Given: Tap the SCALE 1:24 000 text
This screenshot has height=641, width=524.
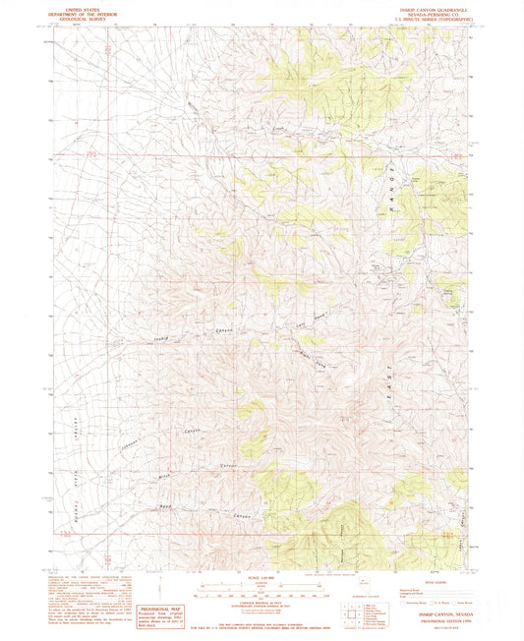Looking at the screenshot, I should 261,576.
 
